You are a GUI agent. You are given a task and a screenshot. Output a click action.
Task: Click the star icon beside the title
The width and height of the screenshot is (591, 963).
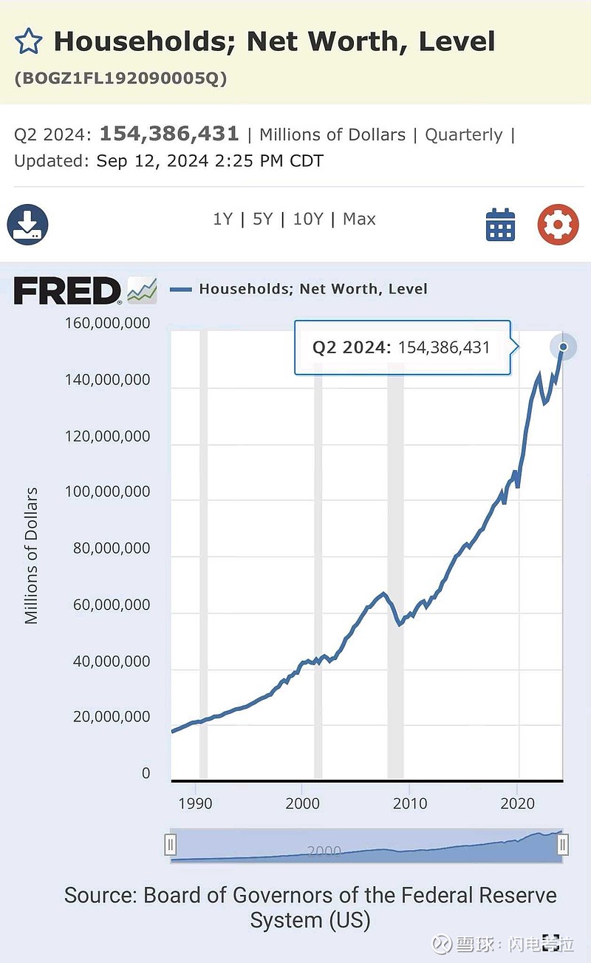click(x=29, y=41)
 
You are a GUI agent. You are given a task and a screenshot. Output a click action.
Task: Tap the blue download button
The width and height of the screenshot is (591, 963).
click(x=27, y=225)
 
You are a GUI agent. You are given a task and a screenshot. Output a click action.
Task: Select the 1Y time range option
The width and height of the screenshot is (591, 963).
click(x=222, y=220)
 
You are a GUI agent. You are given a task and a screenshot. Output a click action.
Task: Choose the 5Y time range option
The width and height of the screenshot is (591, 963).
click(x=262, y=220)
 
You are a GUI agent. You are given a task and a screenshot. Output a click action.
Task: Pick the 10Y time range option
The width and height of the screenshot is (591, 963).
click(x=307, y=220)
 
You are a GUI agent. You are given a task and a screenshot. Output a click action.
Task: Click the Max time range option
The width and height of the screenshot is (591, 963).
click(x=359, y=220)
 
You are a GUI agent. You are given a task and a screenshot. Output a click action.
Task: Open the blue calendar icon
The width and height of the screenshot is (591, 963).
click(x=500, y=225)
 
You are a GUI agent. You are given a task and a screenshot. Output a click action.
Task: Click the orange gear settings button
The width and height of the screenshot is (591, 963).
click(x=558, y=225)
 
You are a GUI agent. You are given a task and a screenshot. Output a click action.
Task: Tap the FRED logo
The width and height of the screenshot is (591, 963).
click(x=67, y=290)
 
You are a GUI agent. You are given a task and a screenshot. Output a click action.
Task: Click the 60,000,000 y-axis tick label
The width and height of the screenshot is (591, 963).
click(x=111, y=605)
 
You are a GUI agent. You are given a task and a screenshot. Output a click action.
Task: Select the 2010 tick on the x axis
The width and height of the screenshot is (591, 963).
click(x=410, y=803)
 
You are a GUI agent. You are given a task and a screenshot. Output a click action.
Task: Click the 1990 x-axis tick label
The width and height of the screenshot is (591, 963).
click(x=195, y=803)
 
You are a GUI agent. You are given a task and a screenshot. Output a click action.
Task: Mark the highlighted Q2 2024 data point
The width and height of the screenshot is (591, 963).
click(x=563, y=347)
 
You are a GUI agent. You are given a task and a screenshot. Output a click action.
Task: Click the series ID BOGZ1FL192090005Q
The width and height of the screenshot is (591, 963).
click(x=120, y=78)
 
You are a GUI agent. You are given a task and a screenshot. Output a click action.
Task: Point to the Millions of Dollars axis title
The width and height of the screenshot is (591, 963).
click(x=31, y=555)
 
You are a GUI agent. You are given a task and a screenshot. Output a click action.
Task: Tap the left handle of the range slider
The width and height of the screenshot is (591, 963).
click(x=171, y=844)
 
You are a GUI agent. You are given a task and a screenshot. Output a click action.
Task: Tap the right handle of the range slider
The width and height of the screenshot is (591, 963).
click(x=563, y=844)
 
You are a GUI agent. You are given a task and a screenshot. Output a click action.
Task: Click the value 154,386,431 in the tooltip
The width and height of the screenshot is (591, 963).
click(x=444, y=347)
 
